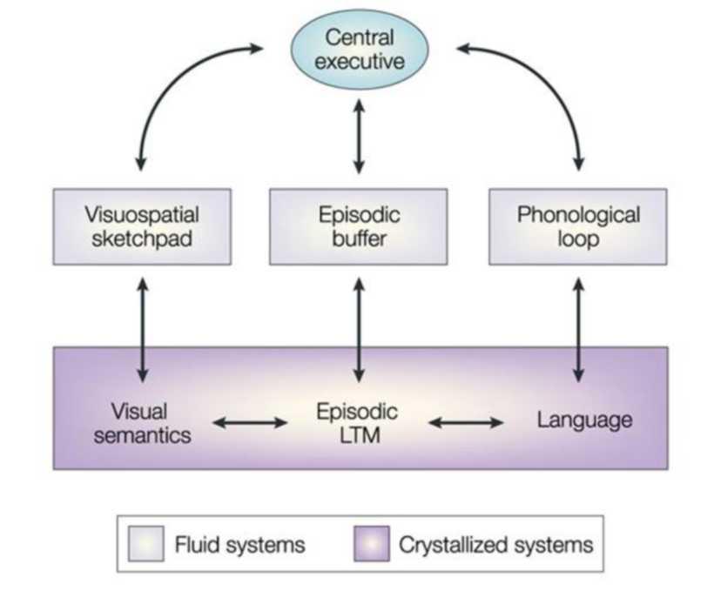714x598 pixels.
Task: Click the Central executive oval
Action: pos(359,49)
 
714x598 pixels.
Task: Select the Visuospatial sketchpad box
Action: pos(141,225)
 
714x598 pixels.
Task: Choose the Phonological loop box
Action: pos(577,225)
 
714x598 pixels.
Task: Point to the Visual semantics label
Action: pos(141,422)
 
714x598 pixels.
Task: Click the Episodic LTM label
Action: pos(358,422)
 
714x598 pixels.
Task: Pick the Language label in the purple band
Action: pos(584,420)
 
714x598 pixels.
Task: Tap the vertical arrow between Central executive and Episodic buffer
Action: pos(358,135)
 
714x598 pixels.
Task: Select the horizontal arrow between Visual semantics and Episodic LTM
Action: pos(250,423)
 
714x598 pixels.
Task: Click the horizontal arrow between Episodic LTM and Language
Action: pos(467,423)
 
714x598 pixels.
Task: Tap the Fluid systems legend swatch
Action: pos(146,545)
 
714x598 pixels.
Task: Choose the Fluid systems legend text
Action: pos(239,546)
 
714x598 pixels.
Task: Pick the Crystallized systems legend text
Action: pos(495,546)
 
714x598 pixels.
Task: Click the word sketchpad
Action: pos(141,238)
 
